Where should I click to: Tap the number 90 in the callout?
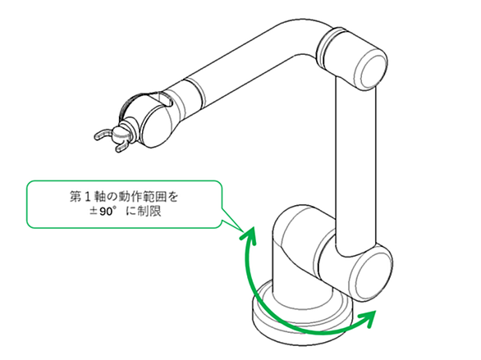(106, 212)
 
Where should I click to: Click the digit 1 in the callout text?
(87, 197)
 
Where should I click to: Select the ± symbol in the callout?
(94, 212)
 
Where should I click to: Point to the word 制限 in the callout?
(149, 211)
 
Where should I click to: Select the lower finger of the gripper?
(122, 148)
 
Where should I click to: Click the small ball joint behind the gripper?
(118, 134)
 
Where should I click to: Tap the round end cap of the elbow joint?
(370, 71)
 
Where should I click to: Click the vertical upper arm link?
(356, 166)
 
